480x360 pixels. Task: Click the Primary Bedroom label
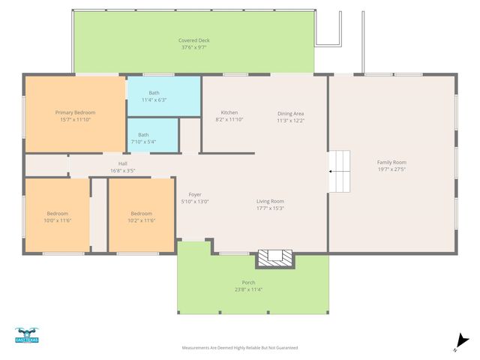(x=75, y=112)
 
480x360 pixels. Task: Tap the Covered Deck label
(x=193, y=40)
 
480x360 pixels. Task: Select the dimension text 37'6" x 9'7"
(x=193, y=47)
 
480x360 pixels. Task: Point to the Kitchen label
(x=229, y=112)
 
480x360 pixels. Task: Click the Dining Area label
(x=290, y=112)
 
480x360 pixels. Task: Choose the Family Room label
(x=391, y=162)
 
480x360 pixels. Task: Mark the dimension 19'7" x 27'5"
(x=391, y=169)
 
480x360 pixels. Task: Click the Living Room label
(x=270, y=201)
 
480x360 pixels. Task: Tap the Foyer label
(x=195, y=194)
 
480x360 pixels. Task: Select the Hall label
(x=122, y=163)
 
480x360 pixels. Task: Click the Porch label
(x=248, y=282)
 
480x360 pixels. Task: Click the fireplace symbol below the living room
(x=275, y=257)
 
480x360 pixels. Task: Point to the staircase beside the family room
(x=340, y=171)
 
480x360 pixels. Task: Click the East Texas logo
(x=26, y=335)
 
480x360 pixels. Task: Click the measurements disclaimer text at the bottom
(x=240, y=348)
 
